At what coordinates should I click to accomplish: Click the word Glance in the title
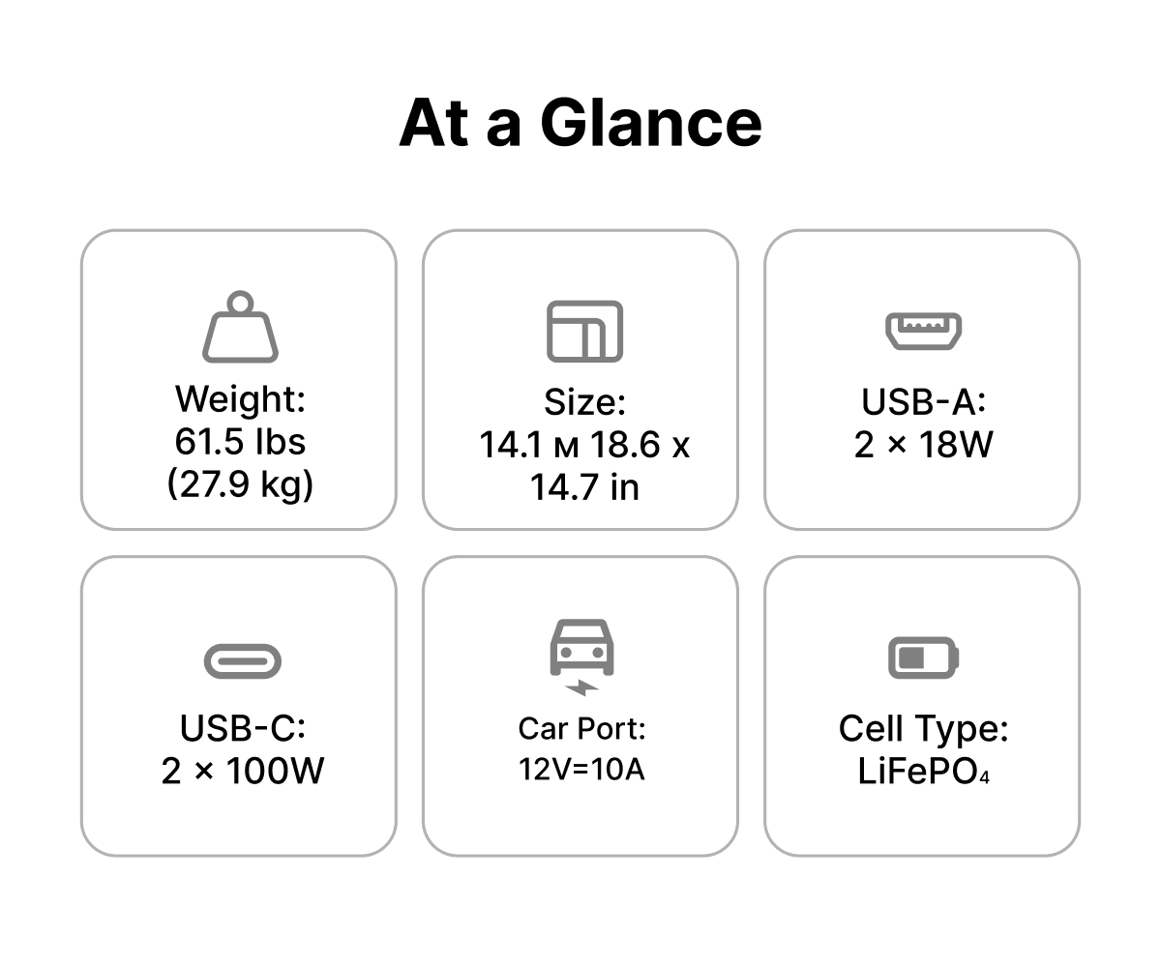tap(650, 124)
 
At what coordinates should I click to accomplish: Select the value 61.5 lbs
tap(240, 442)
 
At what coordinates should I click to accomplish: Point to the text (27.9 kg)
tap(240, 484)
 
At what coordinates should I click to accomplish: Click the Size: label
tap(585, 402)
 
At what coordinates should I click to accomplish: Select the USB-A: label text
tap(924, 401)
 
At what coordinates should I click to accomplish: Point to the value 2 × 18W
tap(924, 444)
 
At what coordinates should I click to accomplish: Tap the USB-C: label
tap(243, 728)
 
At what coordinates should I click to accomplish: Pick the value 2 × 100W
tap(243, 771)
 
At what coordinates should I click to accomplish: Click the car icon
tap(581, 648)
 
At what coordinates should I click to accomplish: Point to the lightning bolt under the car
tap(581, 688)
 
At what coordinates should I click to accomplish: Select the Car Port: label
tap(581, 728)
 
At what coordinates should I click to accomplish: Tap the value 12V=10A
tap(581, 770)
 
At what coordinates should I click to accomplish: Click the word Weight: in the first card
tap(240, 399)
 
